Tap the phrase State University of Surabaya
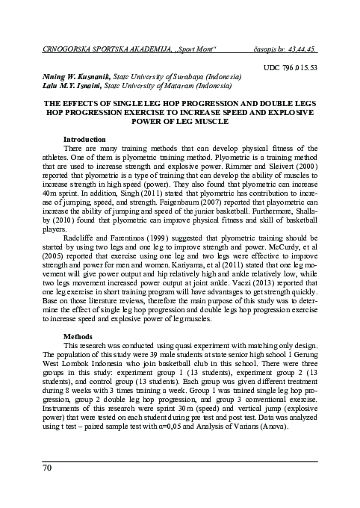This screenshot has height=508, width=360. point(164,76)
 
